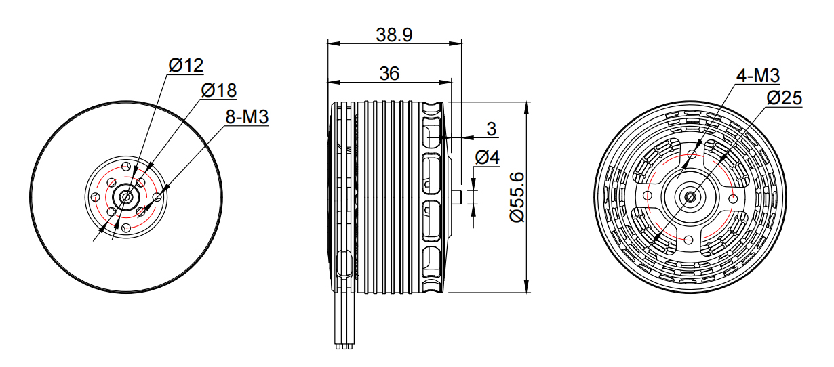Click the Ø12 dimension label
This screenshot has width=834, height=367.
[186, 66]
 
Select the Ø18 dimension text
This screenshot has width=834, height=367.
[219, 90]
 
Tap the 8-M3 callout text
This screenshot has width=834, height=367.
[247, 116]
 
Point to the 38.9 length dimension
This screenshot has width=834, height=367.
[395, 35]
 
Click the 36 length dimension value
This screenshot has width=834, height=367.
[389, 74]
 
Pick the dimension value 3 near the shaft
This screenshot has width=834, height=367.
[492, 129]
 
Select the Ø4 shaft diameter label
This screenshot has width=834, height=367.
[487, 157]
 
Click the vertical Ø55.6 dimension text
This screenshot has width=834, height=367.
[517, 197]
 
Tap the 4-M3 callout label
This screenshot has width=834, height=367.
[758, 76]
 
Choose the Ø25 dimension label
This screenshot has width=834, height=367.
[784, 98]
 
